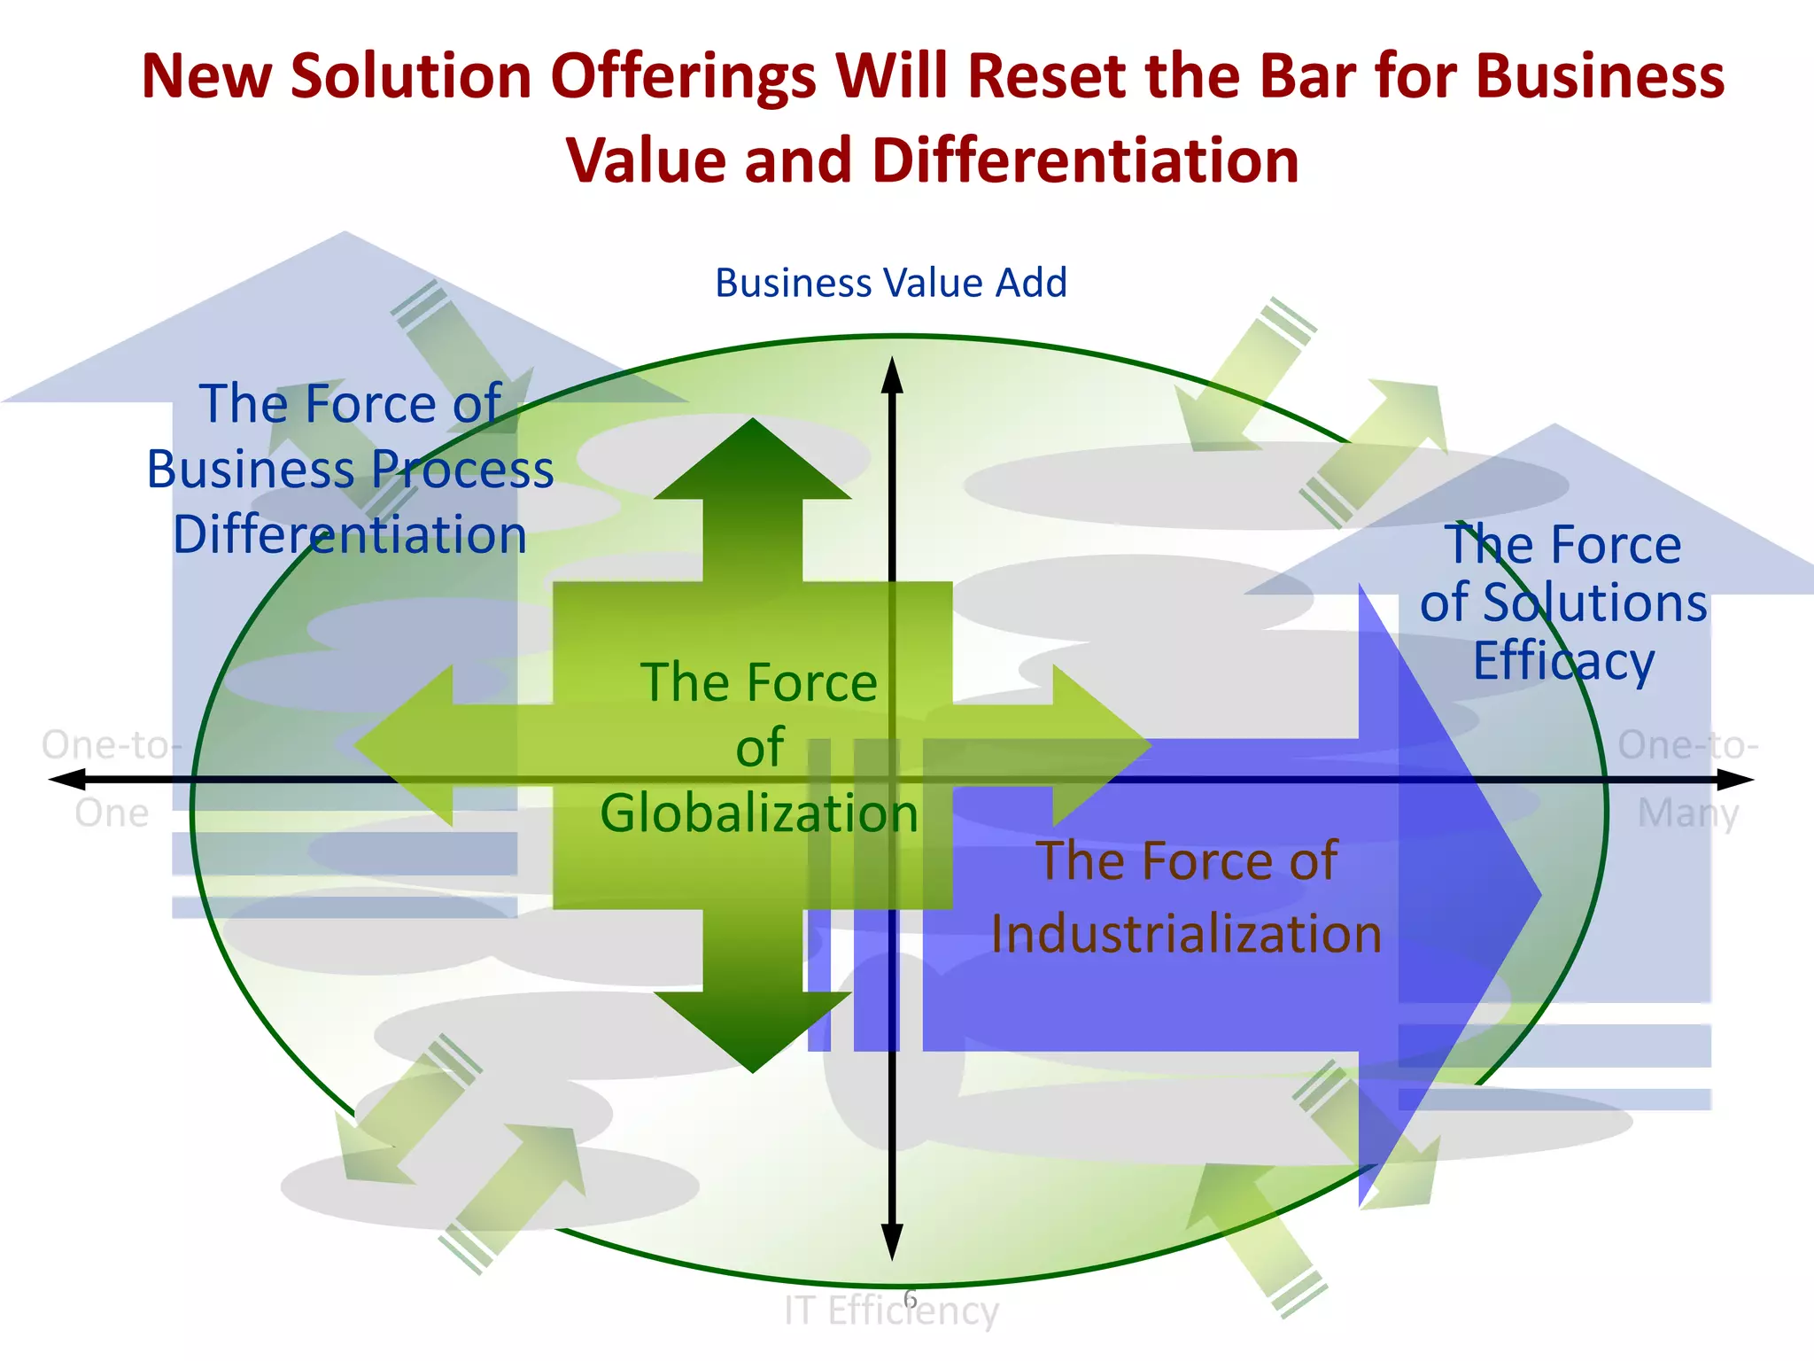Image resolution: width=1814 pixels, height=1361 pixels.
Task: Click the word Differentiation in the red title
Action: tap(1085, 161)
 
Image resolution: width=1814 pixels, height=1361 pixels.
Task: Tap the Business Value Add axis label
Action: tap(891, 284)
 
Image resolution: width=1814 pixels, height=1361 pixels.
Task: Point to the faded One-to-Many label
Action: tap(1688, 778)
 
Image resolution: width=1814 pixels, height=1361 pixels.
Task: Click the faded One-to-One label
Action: tap(112, 778)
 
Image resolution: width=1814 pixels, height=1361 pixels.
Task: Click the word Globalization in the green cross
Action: tap(759, 813)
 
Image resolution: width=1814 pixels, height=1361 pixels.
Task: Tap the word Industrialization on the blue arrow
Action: tap(1186, 934)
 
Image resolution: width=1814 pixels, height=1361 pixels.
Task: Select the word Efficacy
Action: tap(1563, 661)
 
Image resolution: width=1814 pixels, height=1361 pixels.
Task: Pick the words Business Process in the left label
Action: tap(350, 470)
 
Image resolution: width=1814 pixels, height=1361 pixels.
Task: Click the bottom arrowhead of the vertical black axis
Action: tap(892, 1242)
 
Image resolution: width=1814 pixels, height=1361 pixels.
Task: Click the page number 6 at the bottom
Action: tap(910, 1299)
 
